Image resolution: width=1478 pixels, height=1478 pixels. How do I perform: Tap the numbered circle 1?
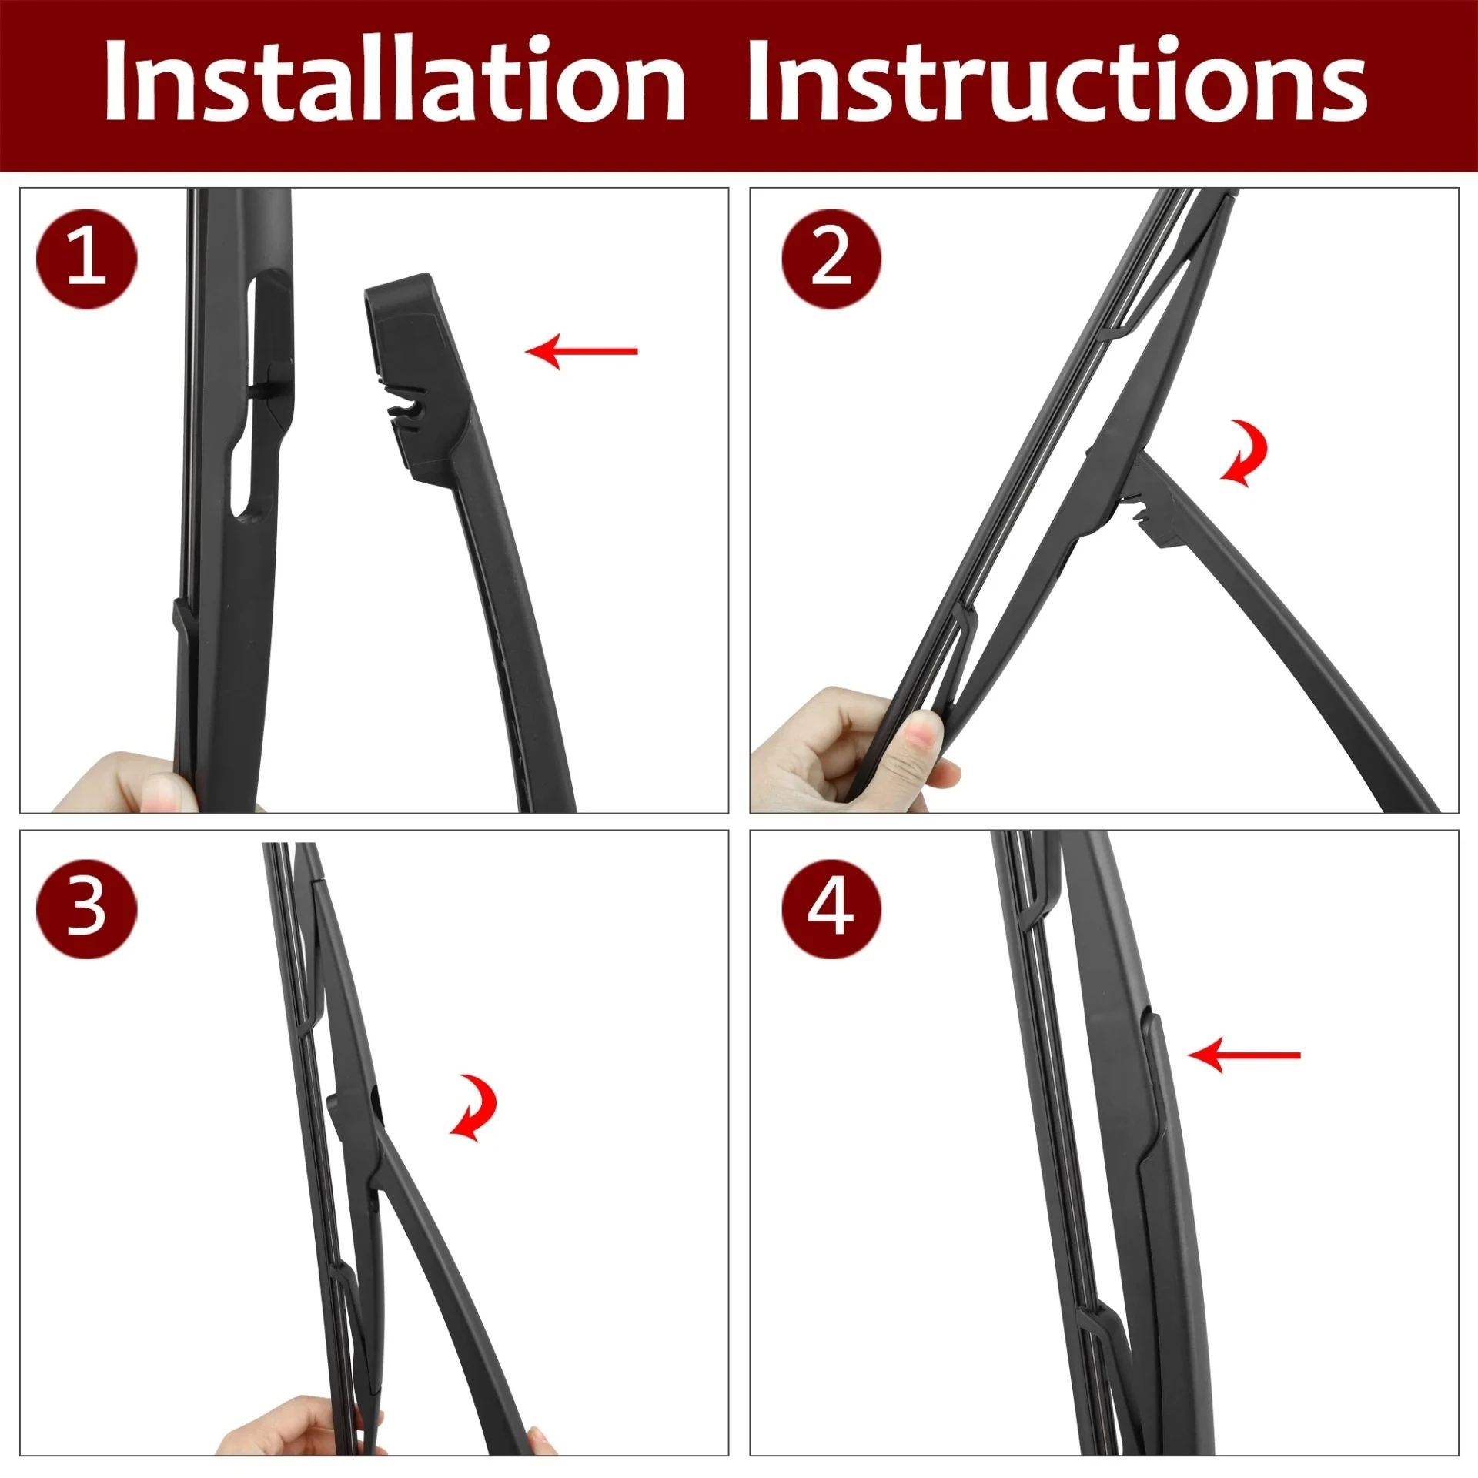tap(86, 259)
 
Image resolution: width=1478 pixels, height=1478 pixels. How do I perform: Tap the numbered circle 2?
tap(831, 259)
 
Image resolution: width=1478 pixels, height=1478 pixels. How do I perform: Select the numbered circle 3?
tap(86, 908)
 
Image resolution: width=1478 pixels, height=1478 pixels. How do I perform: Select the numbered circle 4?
tap(831, 908)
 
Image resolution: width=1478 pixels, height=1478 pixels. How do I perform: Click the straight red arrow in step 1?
tap(582, 351)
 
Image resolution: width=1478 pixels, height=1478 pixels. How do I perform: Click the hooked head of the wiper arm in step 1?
tap(416, 377)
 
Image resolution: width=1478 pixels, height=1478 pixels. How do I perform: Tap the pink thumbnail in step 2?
tap(922, 735)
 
